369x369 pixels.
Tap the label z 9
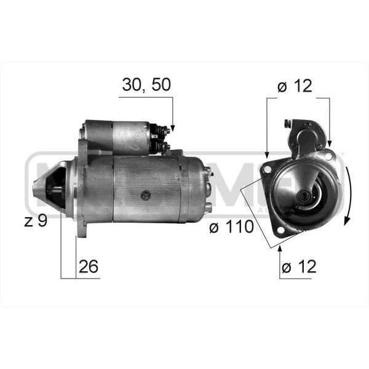[36, 221]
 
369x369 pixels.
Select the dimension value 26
[88, 266]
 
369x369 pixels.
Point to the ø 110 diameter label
[232, 226]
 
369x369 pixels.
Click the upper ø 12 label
[295, 86]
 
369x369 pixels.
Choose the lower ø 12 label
[299, 267]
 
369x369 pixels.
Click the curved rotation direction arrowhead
[346, 221]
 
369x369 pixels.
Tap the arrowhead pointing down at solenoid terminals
[172, 129]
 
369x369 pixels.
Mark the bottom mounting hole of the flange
[280, 229]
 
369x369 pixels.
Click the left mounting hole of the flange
[267, 169]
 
